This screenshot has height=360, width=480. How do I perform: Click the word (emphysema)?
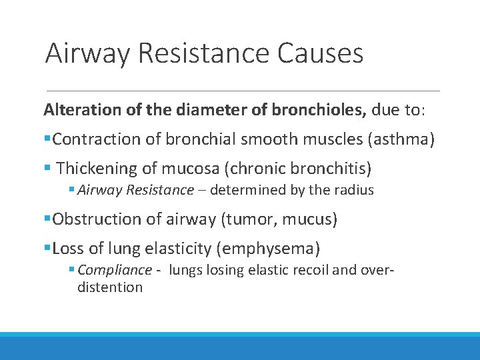pos(268,249)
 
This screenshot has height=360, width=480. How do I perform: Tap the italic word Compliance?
pos(115,270)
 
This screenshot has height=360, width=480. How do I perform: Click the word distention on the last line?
pos(110,287)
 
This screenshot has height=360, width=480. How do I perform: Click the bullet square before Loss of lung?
pos(47,249)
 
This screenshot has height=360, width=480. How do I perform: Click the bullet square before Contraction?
pos(47,139)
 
